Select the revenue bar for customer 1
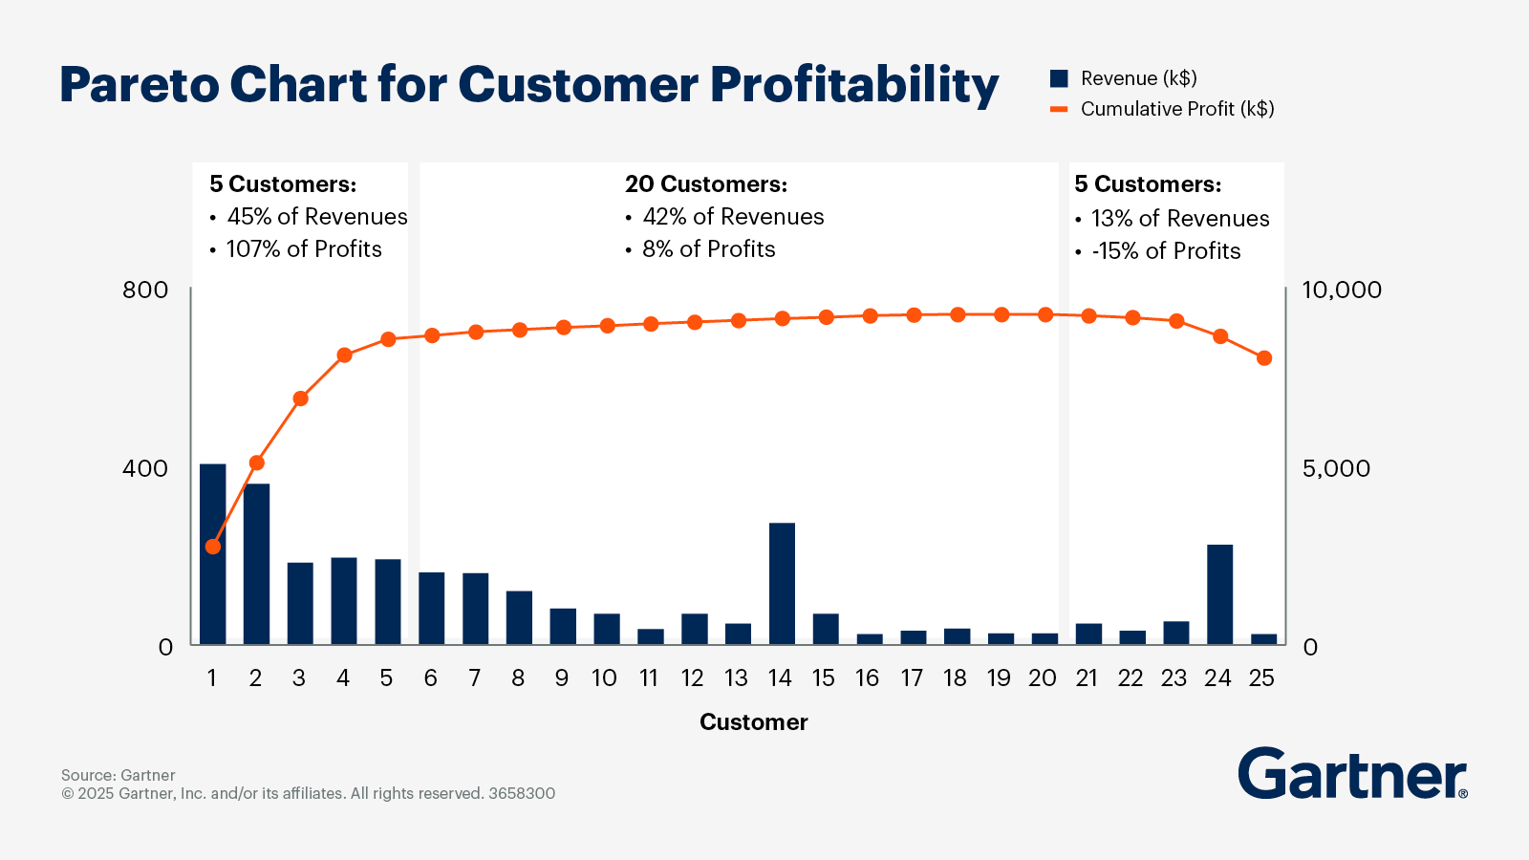(213, 554)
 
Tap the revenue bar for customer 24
(1219, 594)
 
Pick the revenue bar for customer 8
(519, 617)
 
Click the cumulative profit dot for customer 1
(213, 547)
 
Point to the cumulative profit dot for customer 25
(1263, 358)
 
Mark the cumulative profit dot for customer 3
(300, 398)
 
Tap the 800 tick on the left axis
(145, 290)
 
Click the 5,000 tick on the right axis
(1336, 468)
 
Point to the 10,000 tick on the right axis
(1342, 290)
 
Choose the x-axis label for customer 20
(1042, 677)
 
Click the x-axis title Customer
(753, 722)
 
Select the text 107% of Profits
(304, 249)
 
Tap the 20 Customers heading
(706, 184)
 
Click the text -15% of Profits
(1166, 251)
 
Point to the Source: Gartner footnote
(118, 775)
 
